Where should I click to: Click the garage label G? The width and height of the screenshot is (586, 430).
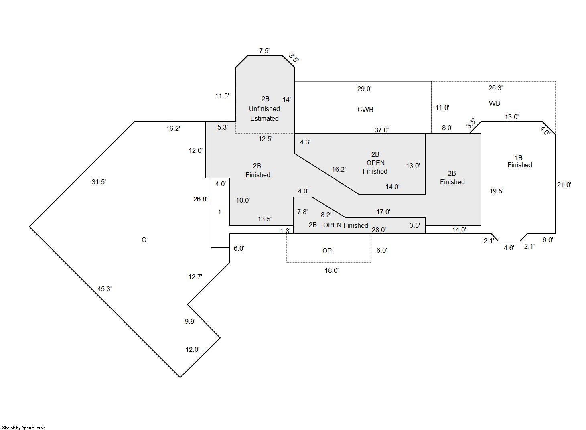coord(144,240)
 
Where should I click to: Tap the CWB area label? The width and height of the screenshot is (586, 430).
coord(365,110)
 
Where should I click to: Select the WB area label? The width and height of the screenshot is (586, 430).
coord(494,103)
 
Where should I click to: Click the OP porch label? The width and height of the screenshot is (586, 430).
coord(327,251)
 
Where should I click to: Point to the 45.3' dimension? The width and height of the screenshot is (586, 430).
coord(104,289)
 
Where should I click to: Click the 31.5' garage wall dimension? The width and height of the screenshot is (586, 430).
coord(99,182)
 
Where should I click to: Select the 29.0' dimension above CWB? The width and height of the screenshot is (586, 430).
coord(364,89)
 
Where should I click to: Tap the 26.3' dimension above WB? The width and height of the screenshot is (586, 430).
coord(495,88)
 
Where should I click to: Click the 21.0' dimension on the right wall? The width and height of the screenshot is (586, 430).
coord(564,185)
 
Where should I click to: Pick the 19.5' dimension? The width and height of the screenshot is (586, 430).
coord(496,191)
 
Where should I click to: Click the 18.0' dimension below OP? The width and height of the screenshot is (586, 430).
coord(331,270)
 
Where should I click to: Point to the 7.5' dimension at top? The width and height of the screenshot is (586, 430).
coord(264,51)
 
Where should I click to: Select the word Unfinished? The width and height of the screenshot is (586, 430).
coord(264,109)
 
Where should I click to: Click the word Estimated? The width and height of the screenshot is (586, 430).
coord(264,118)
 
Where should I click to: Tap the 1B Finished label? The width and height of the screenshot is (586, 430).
coord(519,161)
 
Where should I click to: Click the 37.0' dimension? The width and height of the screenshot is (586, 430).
coord(381,130)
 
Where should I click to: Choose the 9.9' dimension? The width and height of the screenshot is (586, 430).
coord(190,321)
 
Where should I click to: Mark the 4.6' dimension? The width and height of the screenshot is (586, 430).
coord(509,248)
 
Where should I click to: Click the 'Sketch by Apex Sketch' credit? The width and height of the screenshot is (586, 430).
coord(24,428)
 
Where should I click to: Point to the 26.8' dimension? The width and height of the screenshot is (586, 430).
coord(200,199)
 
